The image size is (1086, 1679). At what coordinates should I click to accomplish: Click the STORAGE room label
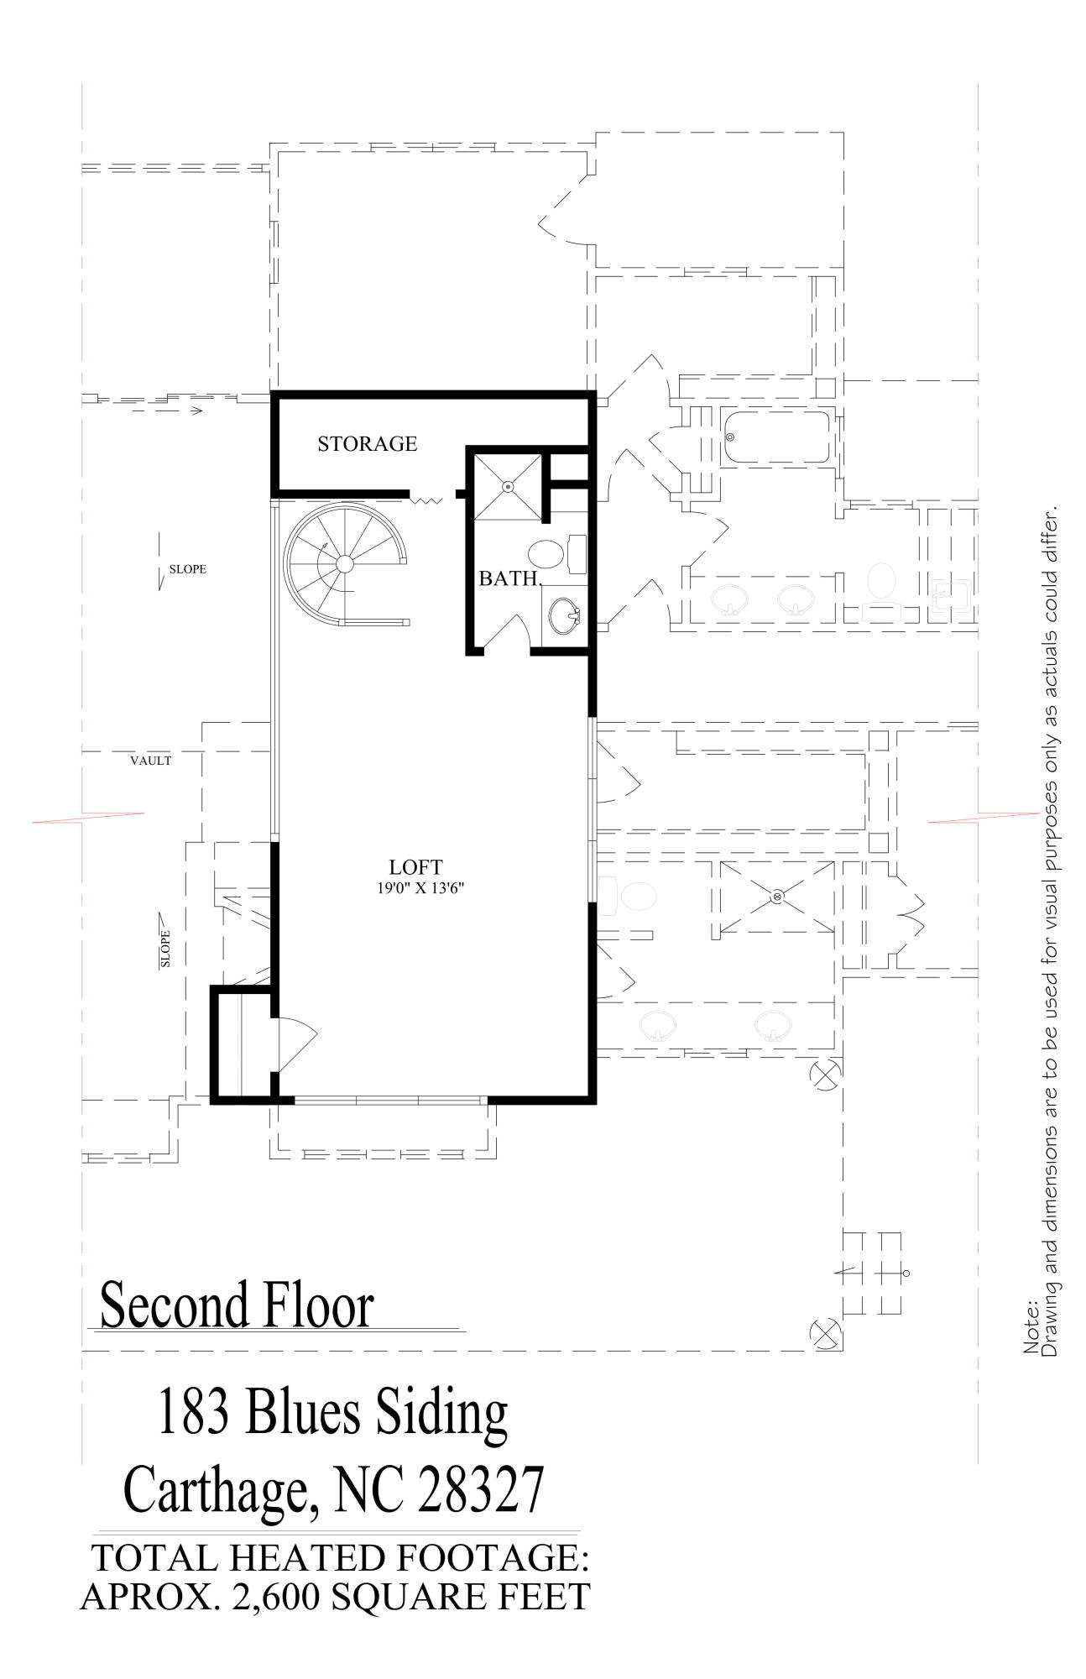click(367, 443)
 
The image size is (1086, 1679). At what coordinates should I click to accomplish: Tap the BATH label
click(509, 578)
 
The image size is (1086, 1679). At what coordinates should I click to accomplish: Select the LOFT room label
click(415, 867)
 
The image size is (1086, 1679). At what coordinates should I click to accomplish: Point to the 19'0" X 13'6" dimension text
click(420, 888)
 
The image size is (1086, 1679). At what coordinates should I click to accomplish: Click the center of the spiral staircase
click(344, 563)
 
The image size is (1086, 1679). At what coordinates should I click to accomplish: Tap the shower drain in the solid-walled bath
click(508, 486)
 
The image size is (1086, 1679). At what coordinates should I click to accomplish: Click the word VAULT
click(151, 761)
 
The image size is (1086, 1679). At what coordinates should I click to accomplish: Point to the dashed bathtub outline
click(777, 437)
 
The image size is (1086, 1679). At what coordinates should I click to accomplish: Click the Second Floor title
click(237, 1305)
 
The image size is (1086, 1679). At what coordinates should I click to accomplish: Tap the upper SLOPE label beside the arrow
click(188, 569)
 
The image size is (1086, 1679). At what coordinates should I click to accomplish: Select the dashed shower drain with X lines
click(777, 897)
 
